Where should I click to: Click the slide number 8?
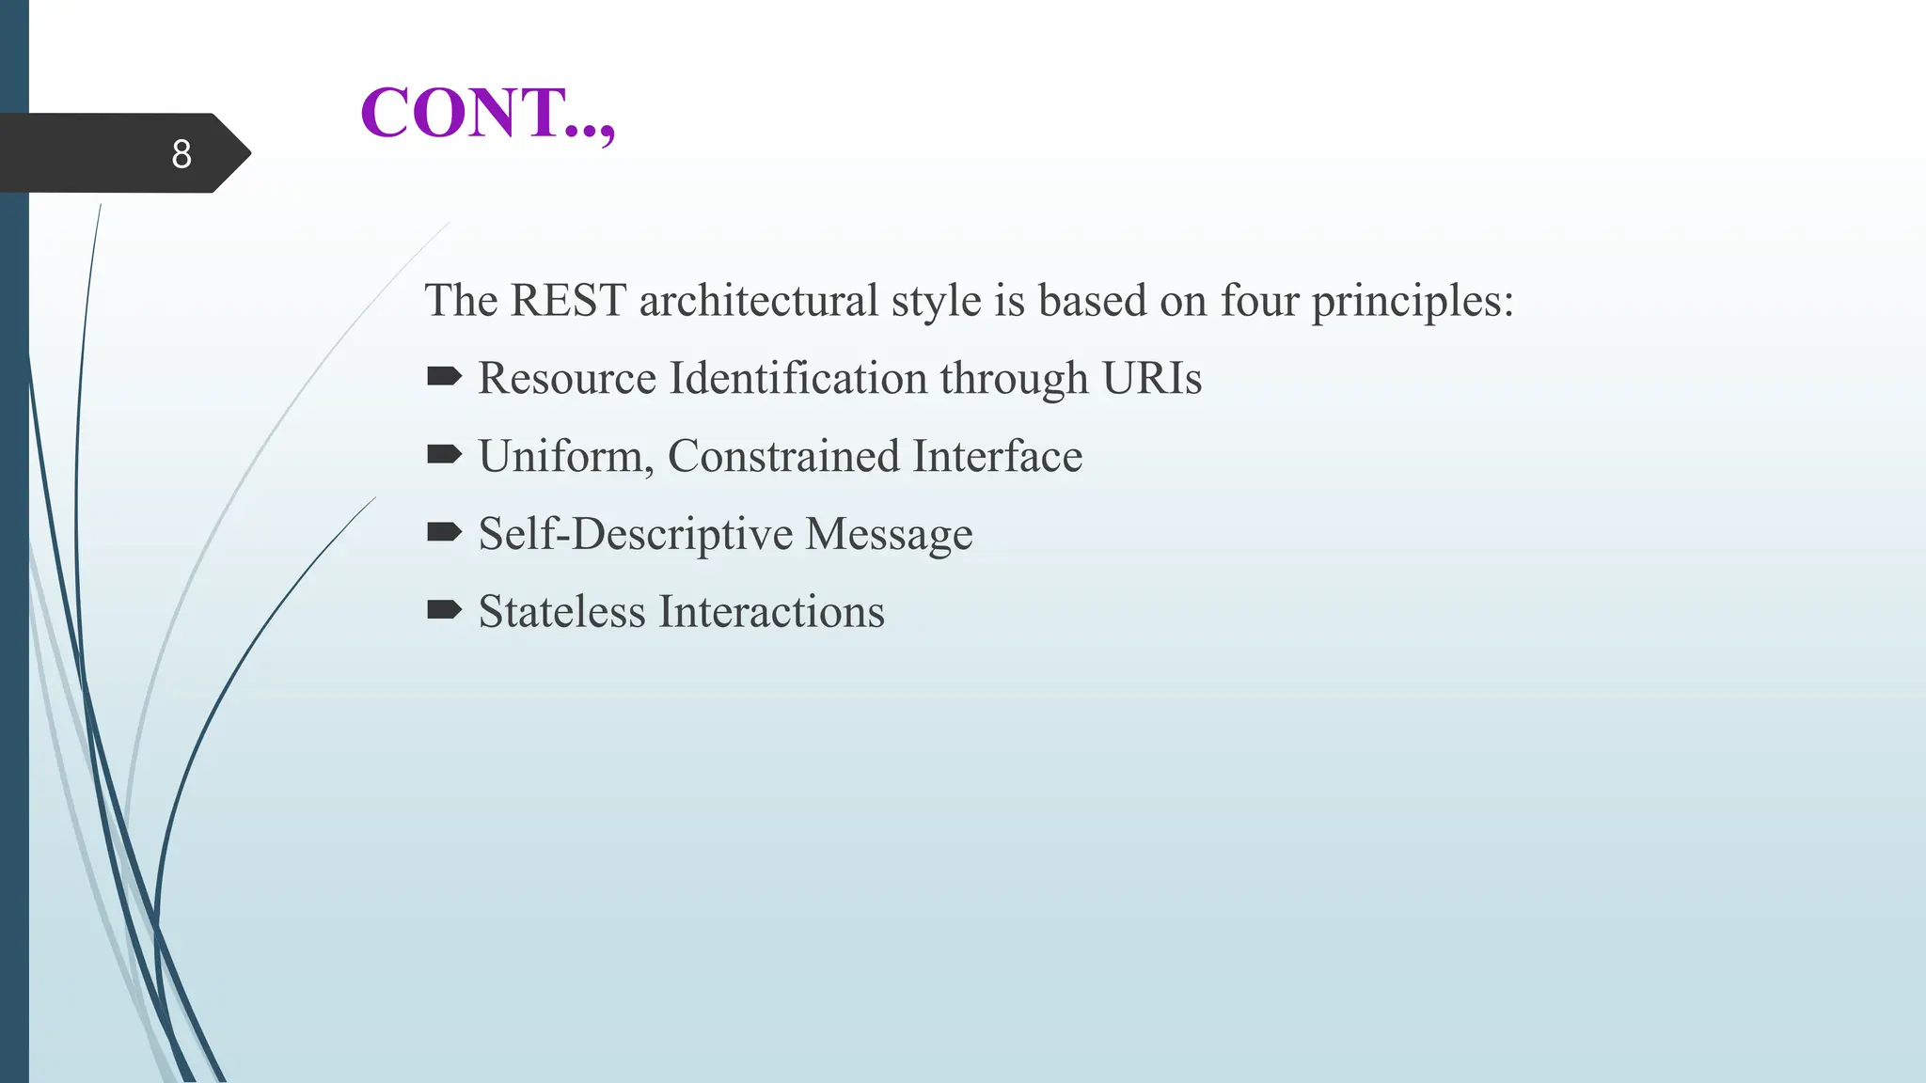[x=182, y=154]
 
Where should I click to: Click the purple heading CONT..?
[x=487, y=113]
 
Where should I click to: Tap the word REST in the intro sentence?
[x=568, y=301]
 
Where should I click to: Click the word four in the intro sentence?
[x=1259, y=301]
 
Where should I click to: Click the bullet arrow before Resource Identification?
[x=444, y=377]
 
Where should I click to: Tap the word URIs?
[x=1152, y=379]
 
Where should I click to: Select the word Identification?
[x=798, y=379]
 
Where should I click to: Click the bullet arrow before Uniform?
[x=444, y=455]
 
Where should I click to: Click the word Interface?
[x=998, y=457]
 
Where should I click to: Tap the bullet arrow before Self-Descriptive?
[x=444, y=533]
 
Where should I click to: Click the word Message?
[x=890, y=535]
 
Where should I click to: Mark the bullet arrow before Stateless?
[x=444, y=611]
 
